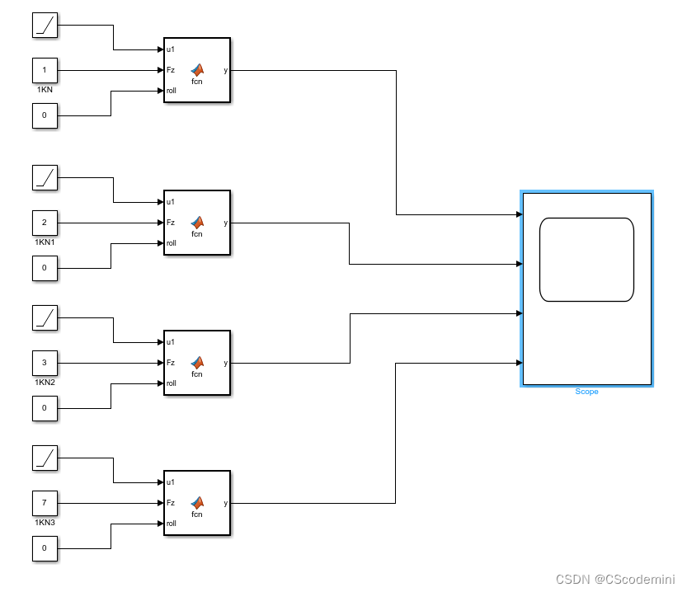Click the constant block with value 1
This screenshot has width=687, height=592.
coord(45,70)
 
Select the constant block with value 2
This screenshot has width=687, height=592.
coord(45,223)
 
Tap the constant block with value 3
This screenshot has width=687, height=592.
coord(45,363)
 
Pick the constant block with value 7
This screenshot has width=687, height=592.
coord(45,503)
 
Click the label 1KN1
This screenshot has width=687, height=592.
coord(45,242)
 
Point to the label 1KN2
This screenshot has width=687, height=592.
coord(45,383)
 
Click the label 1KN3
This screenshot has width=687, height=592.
coord(45,523)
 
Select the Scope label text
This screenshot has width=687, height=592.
coord(586,392)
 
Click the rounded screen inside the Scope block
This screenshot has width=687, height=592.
coord(586,260)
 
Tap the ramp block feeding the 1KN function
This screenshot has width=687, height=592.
coord(45,25)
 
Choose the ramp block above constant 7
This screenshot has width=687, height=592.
coord(45,458)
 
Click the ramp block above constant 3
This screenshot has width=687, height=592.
coord(45,317)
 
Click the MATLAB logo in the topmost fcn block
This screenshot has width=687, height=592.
coord(197,69)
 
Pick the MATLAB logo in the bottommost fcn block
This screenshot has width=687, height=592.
coord(197,501)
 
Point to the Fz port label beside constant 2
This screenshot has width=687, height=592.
coord(171,223)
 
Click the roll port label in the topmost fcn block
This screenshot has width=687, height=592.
coord(172,91)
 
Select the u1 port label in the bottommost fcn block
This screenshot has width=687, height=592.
coord(171,482)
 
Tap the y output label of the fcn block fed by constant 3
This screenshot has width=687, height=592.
coord(225,363)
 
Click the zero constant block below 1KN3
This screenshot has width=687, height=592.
coord(45,548)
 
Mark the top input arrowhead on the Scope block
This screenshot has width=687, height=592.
coord(518,214)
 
